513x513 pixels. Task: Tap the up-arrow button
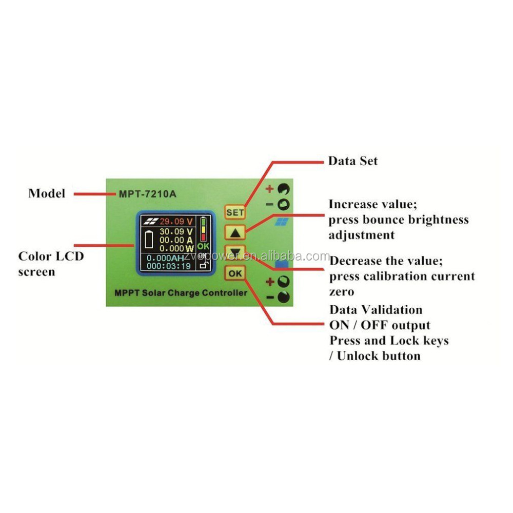click(235, 232)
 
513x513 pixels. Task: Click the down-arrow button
click(235, 252)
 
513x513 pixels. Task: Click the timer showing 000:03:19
click(168, 267)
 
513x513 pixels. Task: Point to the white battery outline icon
click(150, 240)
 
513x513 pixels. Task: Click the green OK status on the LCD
click(204, 246)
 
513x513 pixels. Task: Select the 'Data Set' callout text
click(352, 161)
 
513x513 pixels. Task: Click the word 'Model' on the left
click(47, 193)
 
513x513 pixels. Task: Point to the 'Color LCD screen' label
click(51, 263)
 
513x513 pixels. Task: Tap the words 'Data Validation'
click(376, 310)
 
